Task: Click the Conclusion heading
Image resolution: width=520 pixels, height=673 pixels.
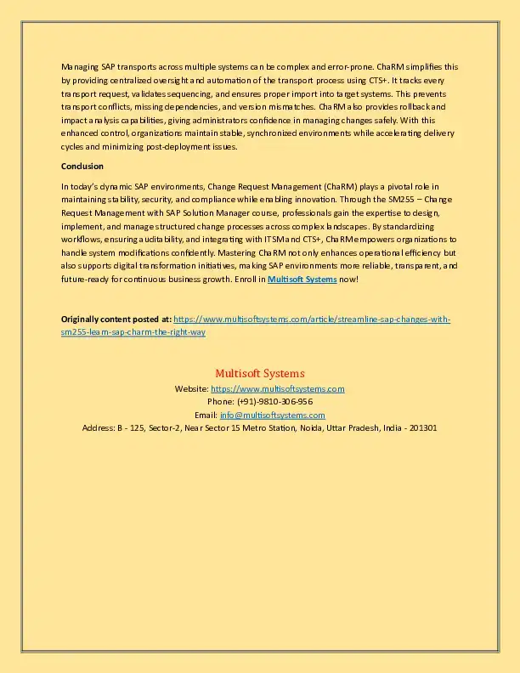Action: pos(82,166)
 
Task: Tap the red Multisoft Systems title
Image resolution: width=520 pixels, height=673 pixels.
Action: pos(260,373)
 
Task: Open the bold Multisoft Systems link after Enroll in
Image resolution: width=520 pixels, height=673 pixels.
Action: pos(302,279)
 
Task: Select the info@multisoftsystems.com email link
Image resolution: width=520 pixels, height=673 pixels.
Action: pos(272,415)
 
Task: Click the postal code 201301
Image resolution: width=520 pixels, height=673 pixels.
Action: pos(422,427)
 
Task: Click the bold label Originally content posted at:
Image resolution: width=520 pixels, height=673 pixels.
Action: pos(116,319)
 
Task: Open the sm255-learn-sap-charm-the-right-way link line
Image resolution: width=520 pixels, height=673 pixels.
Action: pos(133,332)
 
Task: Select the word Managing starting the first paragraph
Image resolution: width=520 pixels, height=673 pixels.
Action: pos(79,66)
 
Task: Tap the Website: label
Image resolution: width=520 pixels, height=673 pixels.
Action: pos(191,388)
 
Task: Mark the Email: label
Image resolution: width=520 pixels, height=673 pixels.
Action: pos(206,415)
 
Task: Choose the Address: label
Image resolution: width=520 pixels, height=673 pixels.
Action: pos(97,427)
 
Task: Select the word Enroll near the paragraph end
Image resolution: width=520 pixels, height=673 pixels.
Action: pos(247,279)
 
